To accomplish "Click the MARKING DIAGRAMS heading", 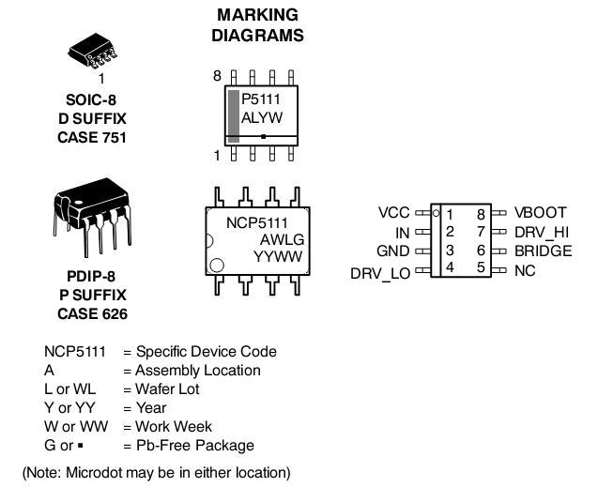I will coord(257,25).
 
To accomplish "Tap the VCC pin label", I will coord(393,213).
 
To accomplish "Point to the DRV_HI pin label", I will coord(542,232).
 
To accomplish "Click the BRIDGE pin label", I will coord(543,251).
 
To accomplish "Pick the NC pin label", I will coord(525,270).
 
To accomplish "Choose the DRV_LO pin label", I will coord(379,273).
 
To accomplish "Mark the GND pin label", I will coord(392,251).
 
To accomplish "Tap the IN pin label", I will coord(402,232).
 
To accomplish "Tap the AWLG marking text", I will coord(279,239).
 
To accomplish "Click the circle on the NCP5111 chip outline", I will coord(218,266).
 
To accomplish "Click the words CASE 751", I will coord(91,138).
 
